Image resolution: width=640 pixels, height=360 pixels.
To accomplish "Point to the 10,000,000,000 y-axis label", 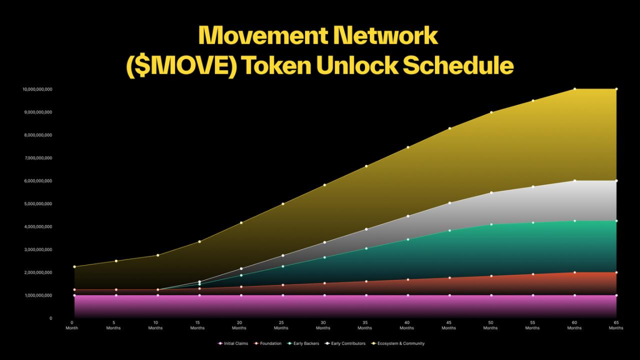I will (x=37, y=89).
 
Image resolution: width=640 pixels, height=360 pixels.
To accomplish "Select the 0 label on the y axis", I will (x=51, y=318).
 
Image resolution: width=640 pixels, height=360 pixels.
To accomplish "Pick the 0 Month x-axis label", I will (x=72, y=325).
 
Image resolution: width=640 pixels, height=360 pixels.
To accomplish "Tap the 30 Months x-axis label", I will (x=323, y=325).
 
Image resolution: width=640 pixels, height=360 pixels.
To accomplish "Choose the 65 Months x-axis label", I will (x=616, y=325).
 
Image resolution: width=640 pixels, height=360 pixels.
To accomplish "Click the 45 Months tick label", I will (x=448, y=325).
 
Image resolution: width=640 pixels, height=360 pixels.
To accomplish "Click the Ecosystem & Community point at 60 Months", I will (x=574, y=89).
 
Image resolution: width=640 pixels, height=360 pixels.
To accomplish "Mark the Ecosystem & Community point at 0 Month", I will (x=74, y=267).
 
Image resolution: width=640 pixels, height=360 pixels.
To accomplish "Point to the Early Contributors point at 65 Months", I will (x=616, y=181).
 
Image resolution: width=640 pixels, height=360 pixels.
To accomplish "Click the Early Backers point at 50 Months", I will (x=491, y=224).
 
